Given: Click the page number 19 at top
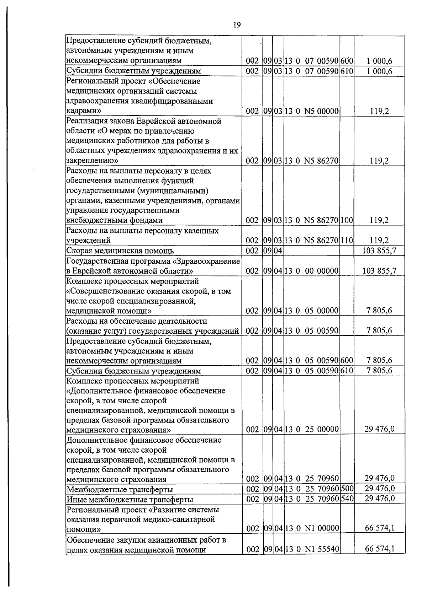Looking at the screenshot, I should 237,25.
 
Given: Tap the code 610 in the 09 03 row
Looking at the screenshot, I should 347,71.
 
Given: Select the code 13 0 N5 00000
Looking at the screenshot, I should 311,111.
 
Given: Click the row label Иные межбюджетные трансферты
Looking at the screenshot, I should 130,500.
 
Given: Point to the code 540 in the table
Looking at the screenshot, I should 347,499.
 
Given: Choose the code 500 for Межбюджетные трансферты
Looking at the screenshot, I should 347,489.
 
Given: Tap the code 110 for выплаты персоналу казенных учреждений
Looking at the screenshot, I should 347,240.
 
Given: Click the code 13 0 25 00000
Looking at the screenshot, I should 311,430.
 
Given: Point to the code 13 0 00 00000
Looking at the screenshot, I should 311,271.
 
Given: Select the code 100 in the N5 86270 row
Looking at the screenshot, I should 347,220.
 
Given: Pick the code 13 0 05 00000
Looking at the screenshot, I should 311,311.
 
